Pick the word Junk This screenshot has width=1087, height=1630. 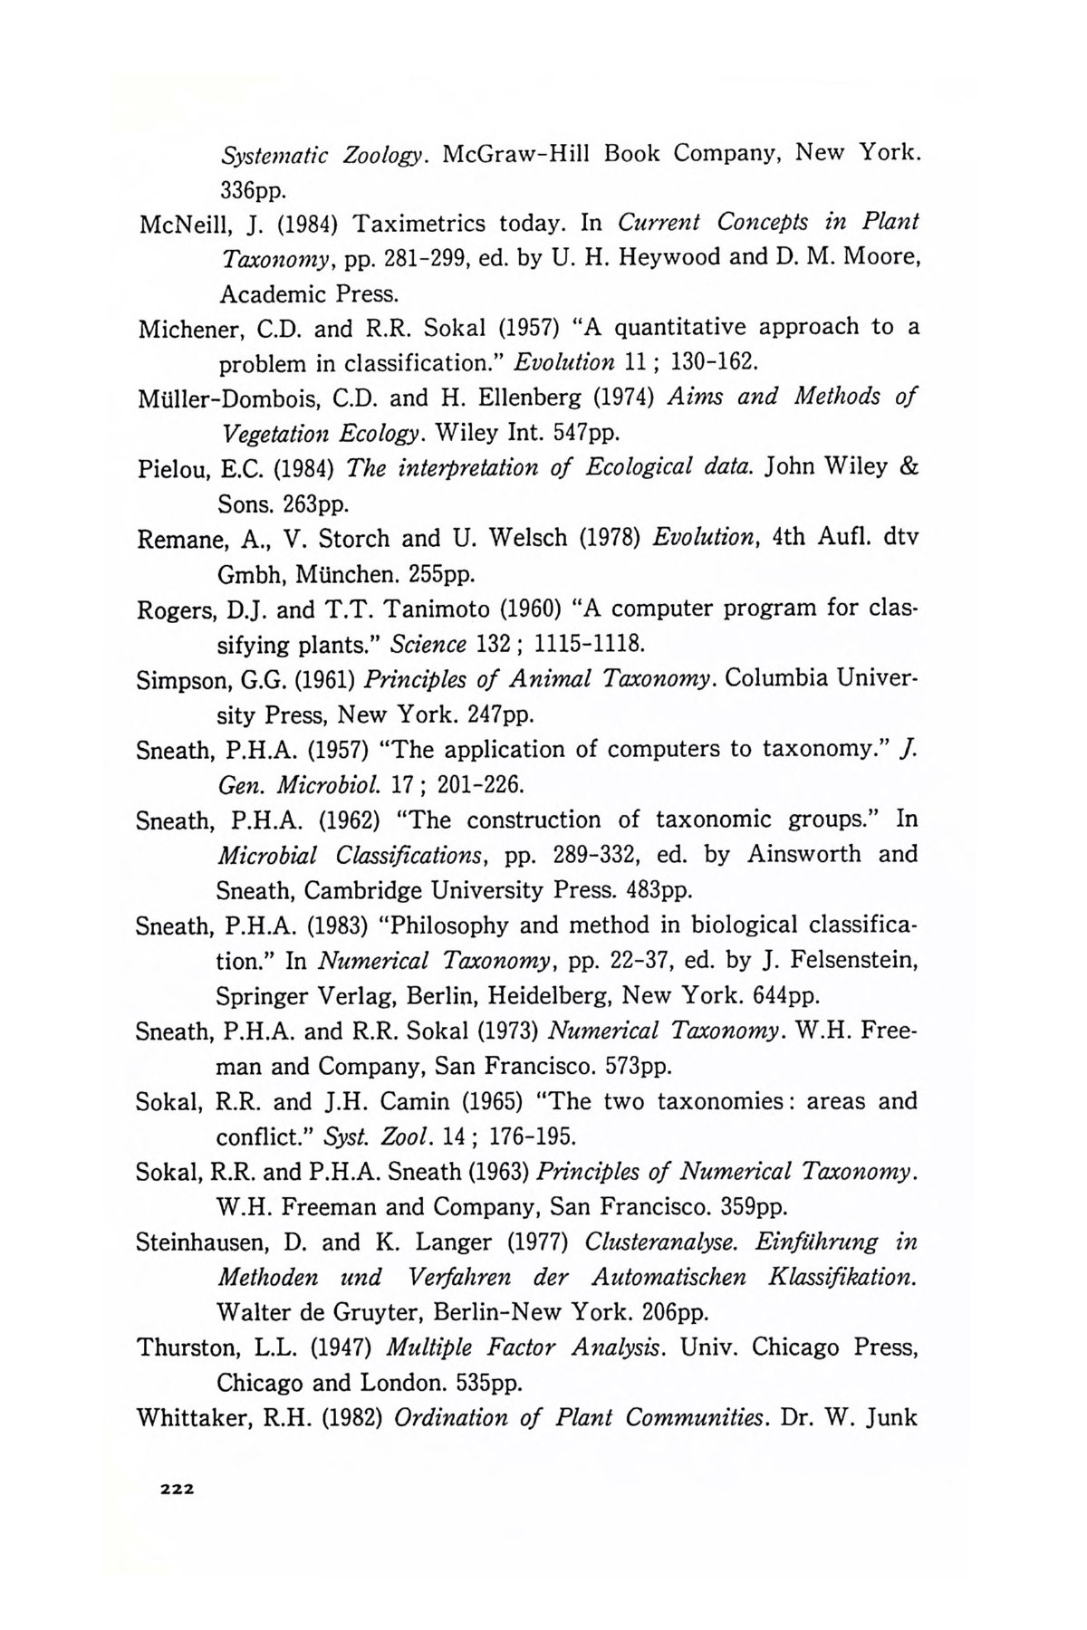891,1417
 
